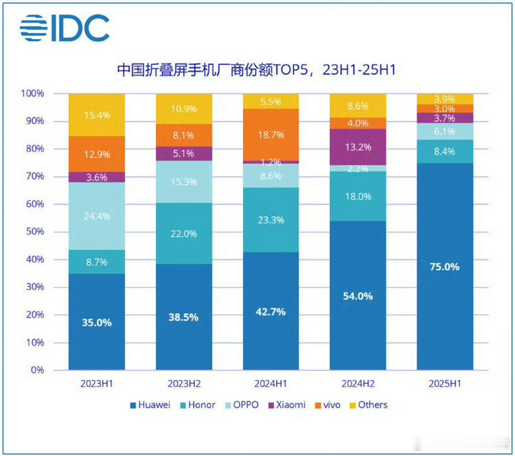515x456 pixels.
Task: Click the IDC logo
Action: pos(65,28)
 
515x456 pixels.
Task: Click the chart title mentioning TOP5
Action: pos(256,70)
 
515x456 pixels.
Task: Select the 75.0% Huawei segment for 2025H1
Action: pos(445,267)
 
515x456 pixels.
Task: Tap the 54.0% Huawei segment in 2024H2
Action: pos(358,296)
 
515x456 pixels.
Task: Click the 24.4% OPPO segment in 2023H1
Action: pos(97,216)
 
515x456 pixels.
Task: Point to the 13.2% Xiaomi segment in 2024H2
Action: pos(358,147)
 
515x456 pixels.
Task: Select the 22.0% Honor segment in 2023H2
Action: pos(184,234)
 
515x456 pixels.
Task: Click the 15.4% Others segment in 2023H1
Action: pos(97,115)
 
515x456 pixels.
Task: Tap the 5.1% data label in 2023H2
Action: pos(183,154)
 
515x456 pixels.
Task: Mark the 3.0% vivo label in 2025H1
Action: pos(445,109)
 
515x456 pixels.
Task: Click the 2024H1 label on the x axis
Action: pos(271,384)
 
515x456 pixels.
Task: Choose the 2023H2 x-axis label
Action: pos(184,384)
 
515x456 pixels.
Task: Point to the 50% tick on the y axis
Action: pos(35,231)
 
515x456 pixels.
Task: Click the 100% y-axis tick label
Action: pos(32,93)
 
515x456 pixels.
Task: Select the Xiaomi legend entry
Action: pos(287,405)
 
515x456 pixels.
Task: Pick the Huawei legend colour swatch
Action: pos(133,406)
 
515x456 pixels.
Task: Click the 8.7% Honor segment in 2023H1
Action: pos(97,262)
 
